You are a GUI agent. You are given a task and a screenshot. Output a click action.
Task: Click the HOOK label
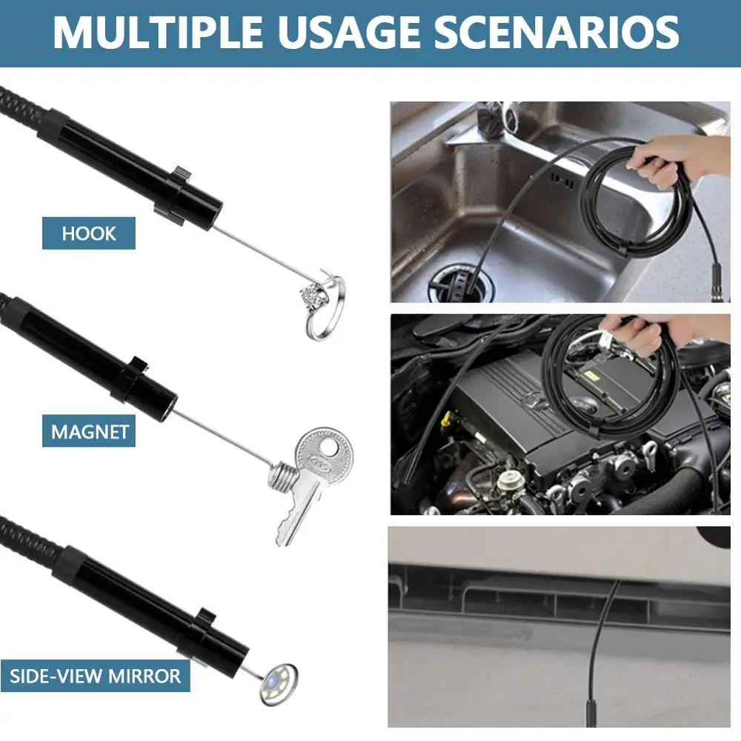89,233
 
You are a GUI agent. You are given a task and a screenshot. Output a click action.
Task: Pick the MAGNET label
89,431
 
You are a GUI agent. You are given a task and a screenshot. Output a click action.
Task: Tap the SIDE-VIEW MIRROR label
95,676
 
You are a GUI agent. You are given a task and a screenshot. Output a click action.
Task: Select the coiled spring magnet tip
282,476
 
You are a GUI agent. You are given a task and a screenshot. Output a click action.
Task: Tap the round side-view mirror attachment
279,684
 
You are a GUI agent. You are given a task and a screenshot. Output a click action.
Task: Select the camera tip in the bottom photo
591,714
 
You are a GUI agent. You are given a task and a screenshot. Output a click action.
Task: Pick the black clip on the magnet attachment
127,378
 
